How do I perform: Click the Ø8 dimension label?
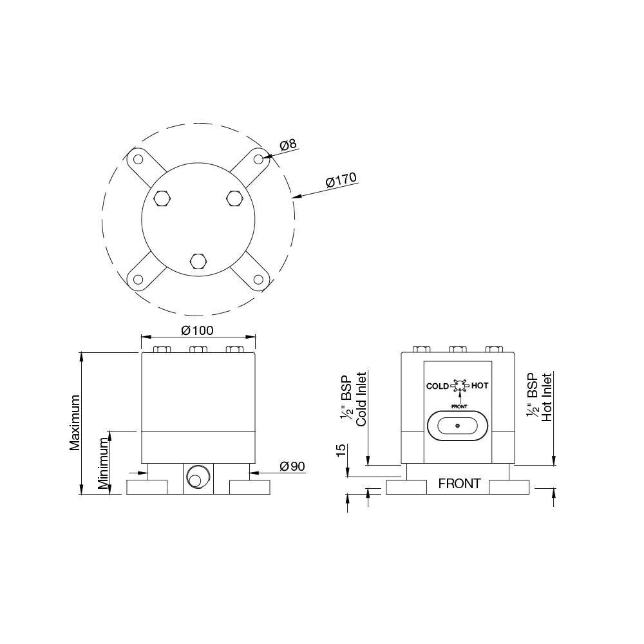tap(289, 144)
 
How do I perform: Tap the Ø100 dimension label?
tap(198, 330)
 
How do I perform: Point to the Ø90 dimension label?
tap(292, 466)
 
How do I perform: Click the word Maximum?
tap(75, 422)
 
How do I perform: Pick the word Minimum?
tap(104, 463)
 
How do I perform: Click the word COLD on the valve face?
tap(437, 386)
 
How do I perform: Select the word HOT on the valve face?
tap(480, 386)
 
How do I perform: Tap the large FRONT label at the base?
tap(459, 484)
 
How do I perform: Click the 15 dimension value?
tap(341, 451)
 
